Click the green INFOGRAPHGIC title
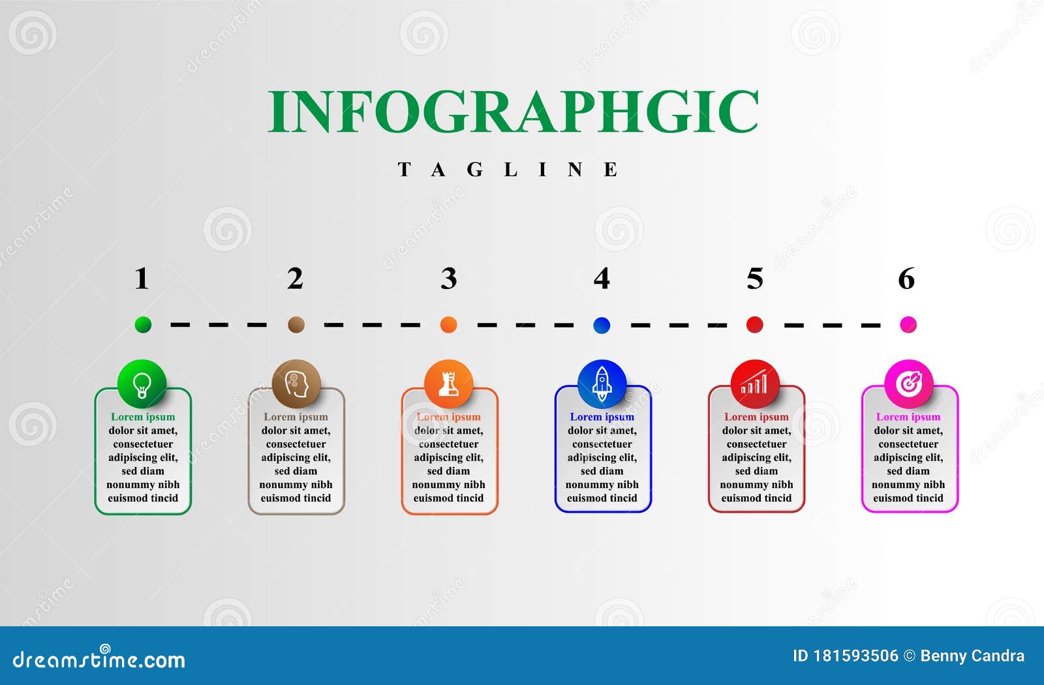pyautogui.click(x=513, y=112)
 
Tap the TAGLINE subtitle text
pyautogui.click(x=508, y=169)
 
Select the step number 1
pyautogui.click(x=142, y=278)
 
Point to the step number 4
pyautogui.click(x=601, y=278)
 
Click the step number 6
pyautogui.click(x=906, y=278)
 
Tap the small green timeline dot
pyautogui.click(x=143, y=324)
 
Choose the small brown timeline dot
pyautogui.click(x=296, y=324)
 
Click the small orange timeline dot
pyautogui.click(x=448, y=324)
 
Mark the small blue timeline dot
pyautogui.click(x=602, y=325)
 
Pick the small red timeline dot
pyautogui.click(x=754, y=324)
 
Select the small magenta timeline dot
pyautogui.click(x=908, y=324)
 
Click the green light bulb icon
pyautogui.click(x=142, y=384)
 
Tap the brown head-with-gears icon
pyautogui.click(x=296, y=384)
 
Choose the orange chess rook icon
pyautogui.click(x=448, y=384)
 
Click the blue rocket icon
pyautogui.click(x=602, y=384)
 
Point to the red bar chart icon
pyautogui.click(x=754, y=384)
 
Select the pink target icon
pyautogui.click(x=908, y=384)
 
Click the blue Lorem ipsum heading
pyautogui.click(x=602, y=417)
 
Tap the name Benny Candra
pyautogui.click(x=972, y=656)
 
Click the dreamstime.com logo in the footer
pyautogui.click(x=99, y=658)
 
